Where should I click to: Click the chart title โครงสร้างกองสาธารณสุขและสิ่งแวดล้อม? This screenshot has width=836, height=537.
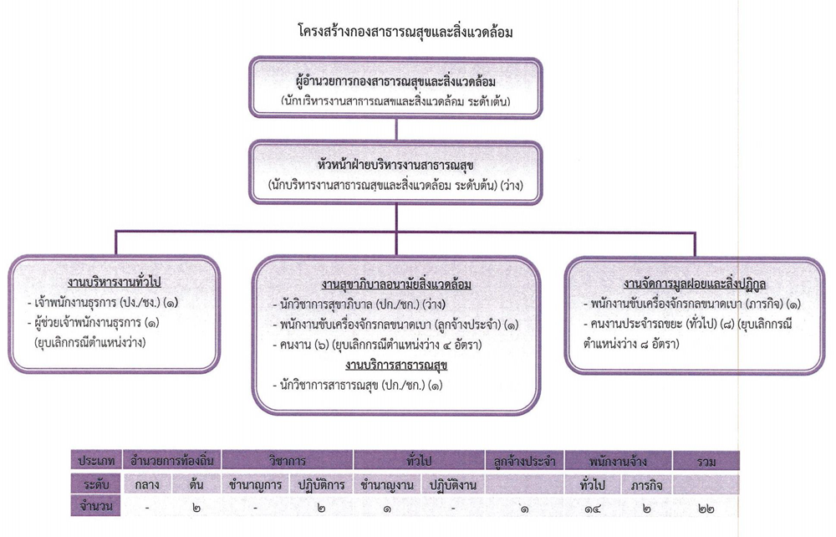(405, 32)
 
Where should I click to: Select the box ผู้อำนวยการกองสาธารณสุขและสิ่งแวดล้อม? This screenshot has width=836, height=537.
(395, 88)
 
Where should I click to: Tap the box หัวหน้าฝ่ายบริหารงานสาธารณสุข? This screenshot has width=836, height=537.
(395, 172)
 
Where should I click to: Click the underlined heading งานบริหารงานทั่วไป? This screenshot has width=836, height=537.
(114, 282)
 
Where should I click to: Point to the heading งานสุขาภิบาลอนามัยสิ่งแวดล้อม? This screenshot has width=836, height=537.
(396, 284)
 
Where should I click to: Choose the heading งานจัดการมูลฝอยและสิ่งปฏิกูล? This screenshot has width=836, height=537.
(695, 283)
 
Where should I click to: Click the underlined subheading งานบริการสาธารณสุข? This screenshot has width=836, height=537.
(395, 366)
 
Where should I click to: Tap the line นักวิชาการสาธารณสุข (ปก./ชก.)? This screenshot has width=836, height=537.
(357, 385)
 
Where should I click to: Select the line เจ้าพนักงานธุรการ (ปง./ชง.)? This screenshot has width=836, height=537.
(103, 302)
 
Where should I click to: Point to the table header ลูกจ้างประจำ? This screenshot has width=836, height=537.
(525, 461)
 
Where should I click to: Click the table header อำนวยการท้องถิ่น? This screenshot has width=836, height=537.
(171, 460)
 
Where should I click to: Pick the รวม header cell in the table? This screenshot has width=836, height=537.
(706, 461)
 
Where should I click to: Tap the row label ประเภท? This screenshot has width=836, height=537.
(96, 460)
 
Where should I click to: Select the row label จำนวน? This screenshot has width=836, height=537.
(96, 505)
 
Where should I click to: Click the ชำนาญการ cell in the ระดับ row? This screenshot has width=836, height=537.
(255, 485)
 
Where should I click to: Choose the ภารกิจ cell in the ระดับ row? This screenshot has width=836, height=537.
(646, 485)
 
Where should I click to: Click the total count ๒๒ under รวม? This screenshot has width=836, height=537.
(706, 509)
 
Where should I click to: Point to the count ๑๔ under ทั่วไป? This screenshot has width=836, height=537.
(593, 509)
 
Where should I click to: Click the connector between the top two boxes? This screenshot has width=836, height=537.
(396, 130)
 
